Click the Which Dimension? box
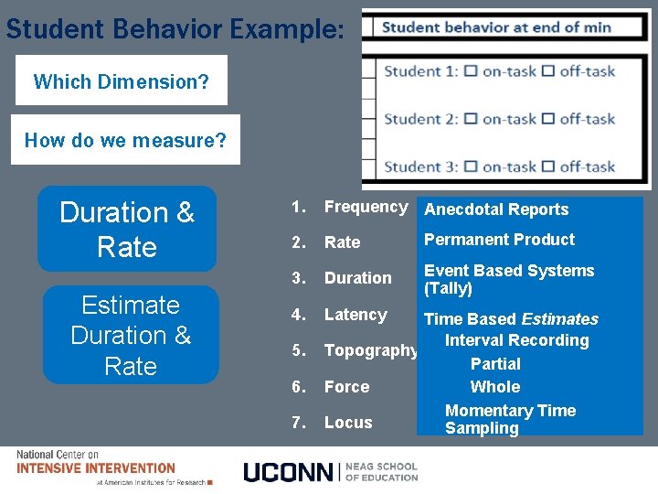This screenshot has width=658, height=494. point(121,81)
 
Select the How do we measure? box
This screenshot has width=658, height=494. point(125,140)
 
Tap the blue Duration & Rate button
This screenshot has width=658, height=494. point(127,230)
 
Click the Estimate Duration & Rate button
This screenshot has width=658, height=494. point(131,335)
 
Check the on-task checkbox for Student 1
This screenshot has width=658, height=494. point(471,71)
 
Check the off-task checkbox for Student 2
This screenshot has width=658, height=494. point(548,119)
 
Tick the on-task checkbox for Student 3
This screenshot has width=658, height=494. point(471,166)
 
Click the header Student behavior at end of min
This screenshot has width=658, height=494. point(496,27)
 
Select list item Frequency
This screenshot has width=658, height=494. point(366,207)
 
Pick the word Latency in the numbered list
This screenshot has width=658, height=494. point(356,315)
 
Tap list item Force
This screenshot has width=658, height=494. point(347,387)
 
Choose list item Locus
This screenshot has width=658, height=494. point(348,423)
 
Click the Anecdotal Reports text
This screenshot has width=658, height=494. point(496,209)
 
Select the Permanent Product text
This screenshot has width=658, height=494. point(499,240)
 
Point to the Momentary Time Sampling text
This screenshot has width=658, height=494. point(510,420)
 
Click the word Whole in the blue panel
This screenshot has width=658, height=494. point(495,387)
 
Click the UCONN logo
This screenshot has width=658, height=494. point(330,472)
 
